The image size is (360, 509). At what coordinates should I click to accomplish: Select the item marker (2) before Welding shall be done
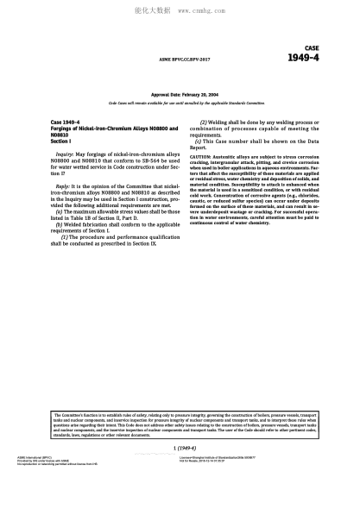coord(204,123)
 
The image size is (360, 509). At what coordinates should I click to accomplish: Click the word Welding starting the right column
coord(221,123)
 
